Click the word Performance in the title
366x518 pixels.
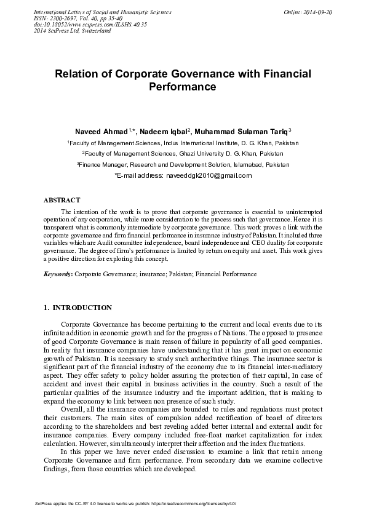pos(183,87)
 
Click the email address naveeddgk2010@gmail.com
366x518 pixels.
pos(209,175)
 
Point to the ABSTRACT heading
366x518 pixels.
pos(62,201)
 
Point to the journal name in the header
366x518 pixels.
pos(101,12)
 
